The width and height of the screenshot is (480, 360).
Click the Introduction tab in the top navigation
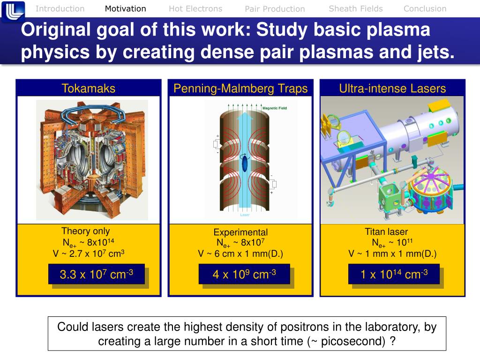click(60, 8)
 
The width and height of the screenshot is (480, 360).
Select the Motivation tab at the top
click(125, 8)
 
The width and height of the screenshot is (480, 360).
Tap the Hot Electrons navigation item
click(195, 8)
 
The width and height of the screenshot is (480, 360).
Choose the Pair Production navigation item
click(275, 9)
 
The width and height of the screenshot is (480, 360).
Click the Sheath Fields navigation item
click(356, 8)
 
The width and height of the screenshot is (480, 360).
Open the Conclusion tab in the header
click(425, 8)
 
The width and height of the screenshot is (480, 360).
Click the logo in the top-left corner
click(13, 11)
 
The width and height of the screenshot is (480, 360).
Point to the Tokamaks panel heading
click(89, 88)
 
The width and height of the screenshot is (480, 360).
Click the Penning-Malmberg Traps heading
click(240, 88)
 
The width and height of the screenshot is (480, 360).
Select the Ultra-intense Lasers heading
click(392, 88)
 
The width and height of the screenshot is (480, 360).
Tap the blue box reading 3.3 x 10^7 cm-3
click(96, 274)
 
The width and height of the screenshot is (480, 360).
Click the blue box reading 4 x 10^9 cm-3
click(244, 274)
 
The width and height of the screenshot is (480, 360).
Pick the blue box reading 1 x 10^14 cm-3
click(394, 274)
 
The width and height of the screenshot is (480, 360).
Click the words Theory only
click(85, 231)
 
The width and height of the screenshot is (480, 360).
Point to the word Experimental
click(240, 232)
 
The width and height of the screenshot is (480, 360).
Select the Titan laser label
click(386, 232)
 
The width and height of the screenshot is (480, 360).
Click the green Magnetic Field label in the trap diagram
click(274, 108)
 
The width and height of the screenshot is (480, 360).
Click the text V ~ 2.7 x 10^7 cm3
click(89, 254)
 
